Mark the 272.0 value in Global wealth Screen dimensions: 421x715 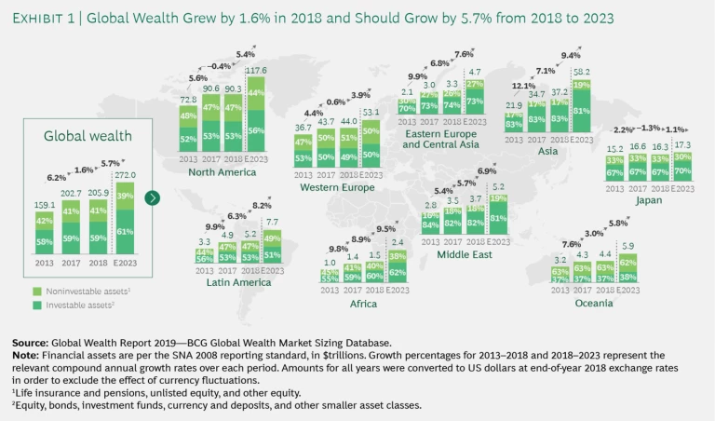pos(125,174)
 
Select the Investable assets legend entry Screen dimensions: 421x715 pos(70,305)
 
